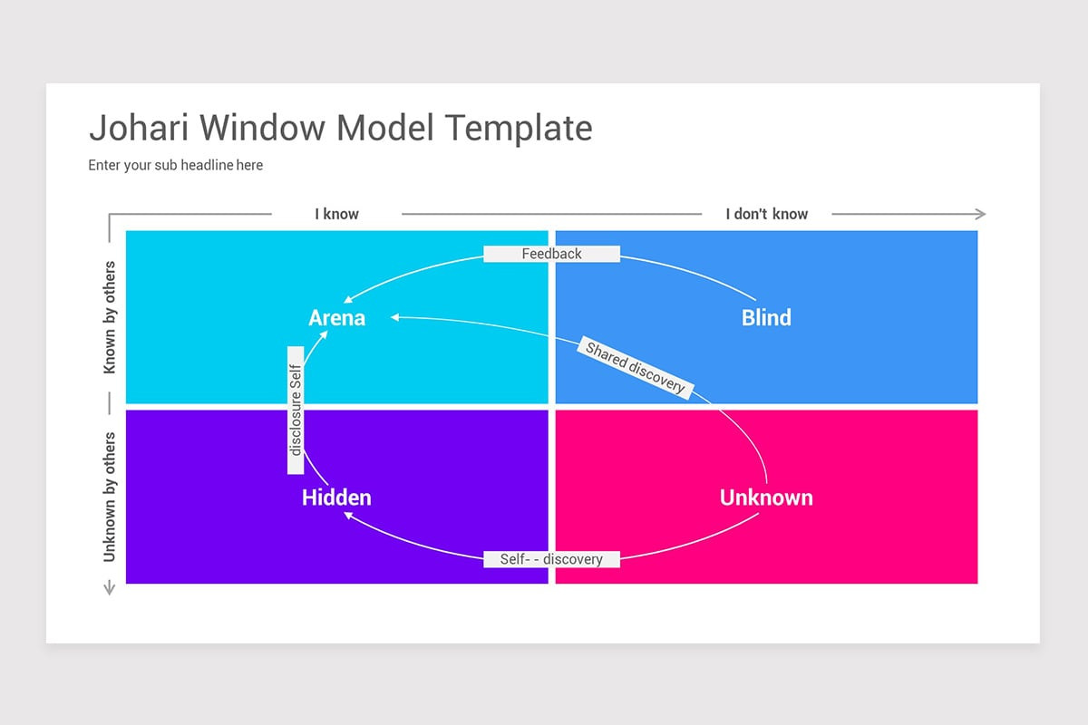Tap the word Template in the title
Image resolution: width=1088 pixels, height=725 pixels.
pos(519,128)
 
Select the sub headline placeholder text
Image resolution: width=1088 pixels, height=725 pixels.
pos(175,165)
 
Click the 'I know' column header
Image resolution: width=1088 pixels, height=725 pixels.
pos(336,214)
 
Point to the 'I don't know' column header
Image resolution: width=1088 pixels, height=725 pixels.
pos(766,214)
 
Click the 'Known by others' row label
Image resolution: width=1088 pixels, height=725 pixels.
pos(110,317)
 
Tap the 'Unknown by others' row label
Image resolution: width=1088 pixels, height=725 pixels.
pos(110,496)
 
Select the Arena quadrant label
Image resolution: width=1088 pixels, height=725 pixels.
pos(336,317)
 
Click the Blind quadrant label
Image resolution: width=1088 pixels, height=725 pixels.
pos(766,317)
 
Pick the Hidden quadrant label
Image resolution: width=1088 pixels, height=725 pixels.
pos(336,498)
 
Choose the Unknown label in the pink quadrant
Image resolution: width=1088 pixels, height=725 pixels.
pos(766,498)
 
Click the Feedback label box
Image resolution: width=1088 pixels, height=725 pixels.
pos(551,254)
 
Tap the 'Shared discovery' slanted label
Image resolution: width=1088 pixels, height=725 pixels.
pos(635,367)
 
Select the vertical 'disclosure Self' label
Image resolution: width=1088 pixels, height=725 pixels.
pos(295,410)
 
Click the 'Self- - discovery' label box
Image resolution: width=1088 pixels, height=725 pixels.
pos(551,559)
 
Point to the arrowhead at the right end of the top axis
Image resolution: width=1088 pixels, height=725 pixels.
pos(980,214)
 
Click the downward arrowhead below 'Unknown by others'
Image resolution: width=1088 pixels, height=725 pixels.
pos(110,589)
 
